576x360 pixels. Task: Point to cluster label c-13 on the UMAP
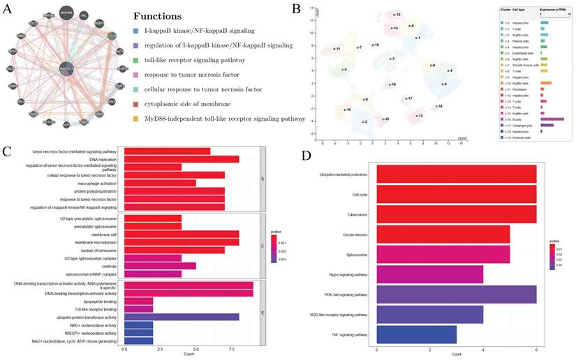[396, 14]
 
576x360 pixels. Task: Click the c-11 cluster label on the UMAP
[336, 50]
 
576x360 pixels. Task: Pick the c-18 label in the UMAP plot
[438, 106]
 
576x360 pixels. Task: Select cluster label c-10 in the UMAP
[347, 110]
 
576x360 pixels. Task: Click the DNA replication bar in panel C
[182, 159]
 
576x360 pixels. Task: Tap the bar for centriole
[160, 265]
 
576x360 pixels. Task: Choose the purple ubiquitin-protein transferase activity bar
[182, 317]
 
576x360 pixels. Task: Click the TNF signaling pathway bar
[416, 334]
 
